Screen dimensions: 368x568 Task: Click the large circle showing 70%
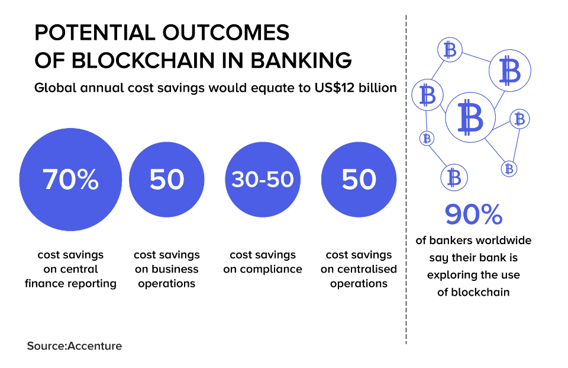point(70,179)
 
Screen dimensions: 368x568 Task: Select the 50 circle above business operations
point(166,179)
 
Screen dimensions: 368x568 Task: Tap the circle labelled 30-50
point(263,179)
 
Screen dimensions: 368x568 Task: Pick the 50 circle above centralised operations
point(359,179)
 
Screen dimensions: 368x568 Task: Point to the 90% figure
point(473,215)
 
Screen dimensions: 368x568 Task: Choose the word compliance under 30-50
point(273,269)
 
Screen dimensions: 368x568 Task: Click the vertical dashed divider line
point(406,178)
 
